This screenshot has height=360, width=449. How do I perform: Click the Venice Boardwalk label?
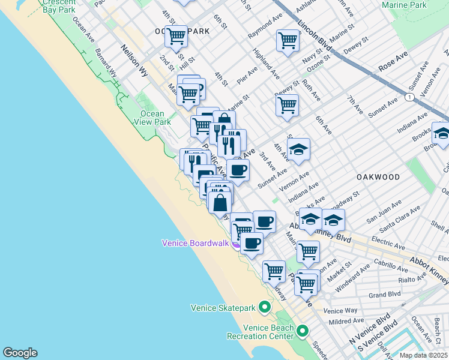pos(196,243)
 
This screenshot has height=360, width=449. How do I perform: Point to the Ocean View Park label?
pos(155,118)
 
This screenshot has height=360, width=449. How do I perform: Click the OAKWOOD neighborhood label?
pos(378,177)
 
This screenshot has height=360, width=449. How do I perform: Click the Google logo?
pos(20,353)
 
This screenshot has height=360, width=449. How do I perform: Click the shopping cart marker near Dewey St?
pos(288,104)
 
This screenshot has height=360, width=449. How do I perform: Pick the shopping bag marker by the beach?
pos(220,202)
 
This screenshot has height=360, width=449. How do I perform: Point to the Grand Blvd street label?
pos(380,295)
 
